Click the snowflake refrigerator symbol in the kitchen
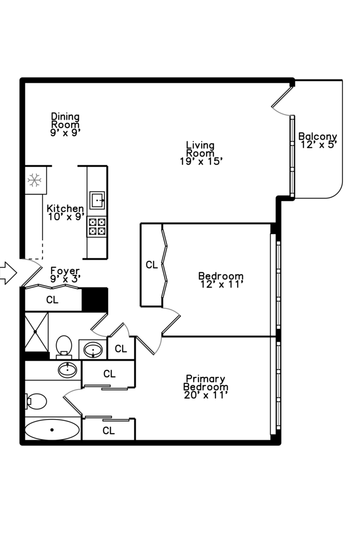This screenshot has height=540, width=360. (34, 180)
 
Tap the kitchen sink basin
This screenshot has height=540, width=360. (97, 200)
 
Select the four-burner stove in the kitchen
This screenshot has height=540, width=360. (97, 226)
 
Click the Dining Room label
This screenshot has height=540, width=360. (65, 120)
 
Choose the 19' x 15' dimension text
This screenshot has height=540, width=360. (200, 161)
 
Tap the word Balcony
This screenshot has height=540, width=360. (317, 136)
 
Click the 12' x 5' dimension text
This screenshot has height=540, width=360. (319, 144)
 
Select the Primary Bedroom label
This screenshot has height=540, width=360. (205, 382)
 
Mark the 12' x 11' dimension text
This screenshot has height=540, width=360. (221, 284)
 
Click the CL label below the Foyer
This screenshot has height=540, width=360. (52, 300)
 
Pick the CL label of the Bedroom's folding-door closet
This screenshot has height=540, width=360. (151, 265)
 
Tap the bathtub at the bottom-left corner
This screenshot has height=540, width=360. (52, 429)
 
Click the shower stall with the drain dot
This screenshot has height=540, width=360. (36, 331)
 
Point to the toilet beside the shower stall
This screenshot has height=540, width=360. (63, 346)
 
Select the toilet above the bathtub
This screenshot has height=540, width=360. (36, 401)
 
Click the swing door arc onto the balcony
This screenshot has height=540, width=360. (282, 106)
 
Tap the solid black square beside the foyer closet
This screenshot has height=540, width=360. (94, 299)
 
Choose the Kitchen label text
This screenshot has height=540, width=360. (65, 208)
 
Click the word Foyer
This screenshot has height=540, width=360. (65, 270)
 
